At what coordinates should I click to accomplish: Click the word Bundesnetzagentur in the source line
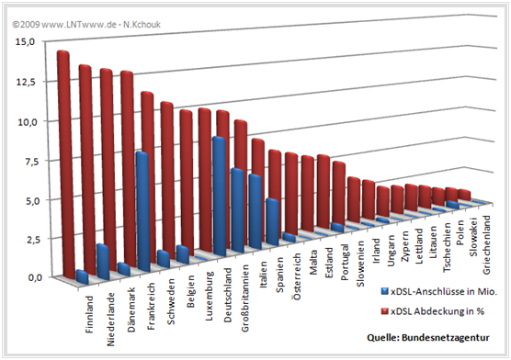coord(458,336)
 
